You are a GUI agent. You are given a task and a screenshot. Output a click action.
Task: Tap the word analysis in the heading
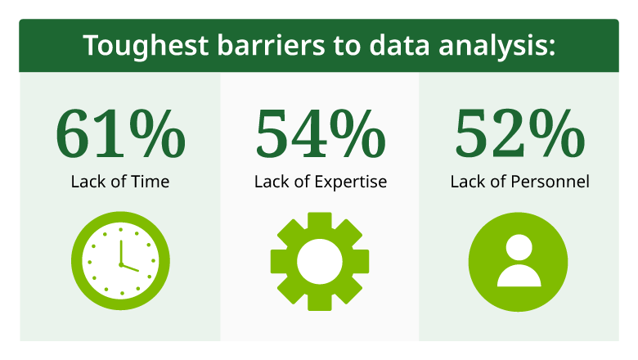point(498,47)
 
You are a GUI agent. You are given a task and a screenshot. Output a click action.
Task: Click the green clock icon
point(120,259)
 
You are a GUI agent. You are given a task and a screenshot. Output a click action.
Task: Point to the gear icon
point(319,261)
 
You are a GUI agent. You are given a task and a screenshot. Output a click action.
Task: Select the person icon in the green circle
point(519,259)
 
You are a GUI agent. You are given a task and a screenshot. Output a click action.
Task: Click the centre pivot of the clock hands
point(120,264)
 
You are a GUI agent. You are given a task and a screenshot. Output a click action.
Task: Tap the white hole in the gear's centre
point(319,261)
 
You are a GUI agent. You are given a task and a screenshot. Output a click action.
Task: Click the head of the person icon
point(519,246)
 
